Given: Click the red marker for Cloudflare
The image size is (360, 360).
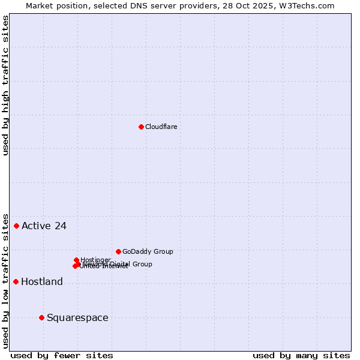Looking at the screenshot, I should click(141, 127).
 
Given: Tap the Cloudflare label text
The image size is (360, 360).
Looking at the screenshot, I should click(161, 127).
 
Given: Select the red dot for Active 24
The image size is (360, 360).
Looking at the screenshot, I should click(17, 226).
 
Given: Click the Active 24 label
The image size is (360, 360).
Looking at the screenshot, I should click(44, 226).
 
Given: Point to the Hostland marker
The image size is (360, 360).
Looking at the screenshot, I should click(16, 281).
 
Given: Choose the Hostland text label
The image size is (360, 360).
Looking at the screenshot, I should click(42, 282).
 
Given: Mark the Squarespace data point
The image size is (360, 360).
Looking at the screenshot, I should click(41, 317).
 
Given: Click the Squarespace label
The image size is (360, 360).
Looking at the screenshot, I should click(77, 318).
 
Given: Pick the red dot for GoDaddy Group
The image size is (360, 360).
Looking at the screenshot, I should click(118, 251).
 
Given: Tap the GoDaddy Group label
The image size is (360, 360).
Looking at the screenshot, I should click(148, 252).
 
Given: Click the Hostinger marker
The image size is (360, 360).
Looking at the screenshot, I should click(77, 260).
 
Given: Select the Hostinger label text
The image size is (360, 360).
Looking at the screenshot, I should click(95, 260).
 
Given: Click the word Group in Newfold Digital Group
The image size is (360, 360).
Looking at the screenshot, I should click(142, 264).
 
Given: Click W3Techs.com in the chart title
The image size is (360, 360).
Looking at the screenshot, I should click(310, 5).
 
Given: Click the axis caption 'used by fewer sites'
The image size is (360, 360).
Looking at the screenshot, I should click(62, 355).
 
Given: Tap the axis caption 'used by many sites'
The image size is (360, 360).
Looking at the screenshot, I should click(301, 355).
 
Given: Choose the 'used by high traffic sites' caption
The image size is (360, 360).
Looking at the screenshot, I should click(5, 85).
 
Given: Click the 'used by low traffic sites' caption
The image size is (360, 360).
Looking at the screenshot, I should click(5, 280).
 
